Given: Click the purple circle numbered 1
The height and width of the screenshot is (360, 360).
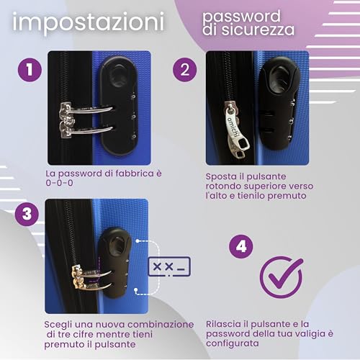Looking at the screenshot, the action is (x=30, y=70).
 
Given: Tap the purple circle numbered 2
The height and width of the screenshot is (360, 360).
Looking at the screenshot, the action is (x=185, y=70).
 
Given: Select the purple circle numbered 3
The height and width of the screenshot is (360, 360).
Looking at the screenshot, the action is (x=27, y=214).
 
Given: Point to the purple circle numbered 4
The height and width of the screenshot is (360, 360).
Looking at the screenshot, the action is (x=241, y=246).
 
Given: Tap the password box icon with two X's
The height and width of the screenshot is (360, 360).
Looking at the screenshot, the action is (x=169, y=266).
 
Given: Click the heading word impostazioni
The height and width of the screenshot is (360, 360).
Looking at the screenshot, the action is (x=88, y=23).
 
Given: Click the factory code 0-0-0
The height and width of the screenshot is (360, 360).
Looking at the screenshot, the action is (x=59, y=183).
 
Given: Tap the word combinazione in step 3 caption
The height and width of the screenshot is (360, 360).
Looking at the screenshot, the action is (x=161, y=325).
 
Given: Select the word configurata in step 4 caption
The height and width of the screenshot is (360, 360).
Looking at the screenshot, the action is (x=233, y=343).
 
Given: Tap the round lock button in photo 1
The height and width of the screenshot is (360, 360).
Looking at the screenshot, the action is (x=119, y=75).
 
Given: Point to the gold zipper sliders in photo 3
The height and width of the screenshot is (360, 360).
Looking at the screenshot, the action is (x=80, y=277).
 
